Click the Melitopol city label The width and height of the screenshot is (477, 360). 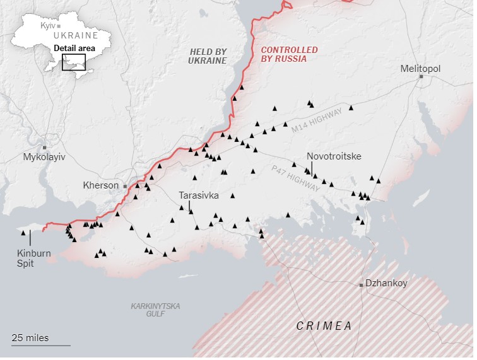tap(420, 68)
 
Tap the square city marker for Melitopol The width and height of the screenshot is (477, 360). tap(421, 77)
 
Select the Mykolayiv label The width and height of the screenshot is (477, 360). tap(44, 156)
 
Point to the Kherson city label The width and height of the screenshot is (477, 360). tap(101, 185)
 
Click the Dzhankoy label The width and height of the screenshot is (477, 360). tap(387, 284)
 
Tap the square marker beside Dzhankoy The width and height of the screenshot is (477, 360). tap(362, 285)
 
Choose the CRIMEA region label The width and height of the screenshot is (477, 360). tap(324, 326)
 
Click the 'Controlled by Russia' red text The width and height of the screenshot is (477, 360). tap(290, 54)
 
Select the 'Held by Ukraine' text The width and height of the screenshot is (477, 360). tap(207, 55)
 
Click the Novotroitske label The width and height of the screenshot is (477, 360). tap(334, 156)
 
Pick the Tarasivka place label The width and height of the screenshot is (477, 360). tap(199, 195)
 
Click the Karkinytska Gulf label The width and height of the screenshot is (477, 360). tap(155, 310)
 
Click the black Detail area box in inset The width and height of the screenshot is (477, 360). tap(73, 62)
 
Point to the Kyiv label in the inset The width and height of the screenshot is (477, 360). tap(47, 25)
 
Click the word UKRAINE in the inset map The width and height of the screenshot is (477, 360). tap(76, 36)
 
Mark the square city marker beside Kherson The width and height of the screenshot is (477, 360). tap(125, 186)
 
